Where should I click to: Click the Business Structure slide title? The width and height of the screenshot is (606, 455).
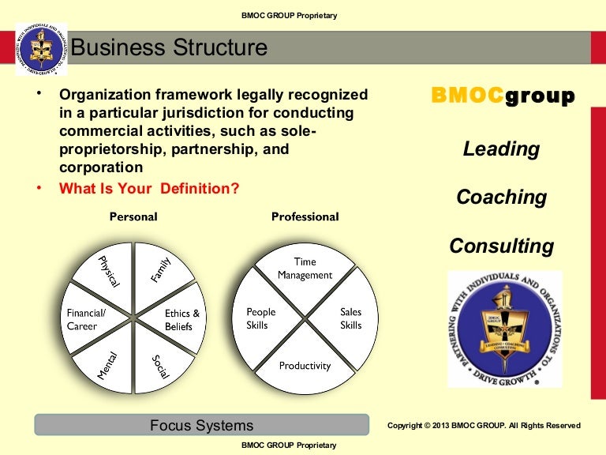point(169,49)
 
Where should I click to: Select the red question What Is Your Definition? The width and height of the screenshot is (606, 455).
point(149,190)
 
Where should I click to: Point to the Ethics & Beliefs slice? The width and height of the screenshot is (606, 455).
point(181,319)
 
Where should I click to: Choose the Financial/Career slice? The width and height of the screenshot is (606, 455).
point(87,319)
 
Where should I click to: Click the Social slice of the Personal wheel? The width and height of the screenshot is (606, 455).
point(160,367)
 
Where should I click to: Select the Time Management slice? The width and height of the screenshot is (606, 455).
point(305,269)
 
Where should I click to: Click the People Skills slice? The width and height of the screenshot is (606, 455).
point(261,318)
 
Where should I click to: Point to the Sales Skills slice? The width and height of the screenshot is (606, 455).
point(350,318)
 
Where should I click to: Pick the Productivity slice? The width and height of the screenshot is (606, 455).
point(305,366)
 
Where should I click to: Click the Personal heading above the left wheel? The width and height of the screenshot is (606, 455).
point(133,216)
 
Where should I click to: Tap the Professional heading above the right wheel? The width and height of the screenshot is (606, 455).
point(305,216)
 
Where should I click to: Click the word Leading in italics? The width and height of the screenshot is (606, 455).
point(501,149)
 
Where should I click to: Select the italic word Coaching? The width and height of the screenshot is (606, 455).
point(501,197)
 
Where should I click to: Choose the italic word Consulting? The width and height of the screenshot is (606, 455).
point(501,246)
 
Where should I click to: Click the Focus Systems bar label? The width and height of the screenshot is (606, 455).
point(202,426)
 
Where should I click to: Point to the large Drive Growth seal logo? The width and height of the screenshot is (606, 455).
point(505,329)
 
